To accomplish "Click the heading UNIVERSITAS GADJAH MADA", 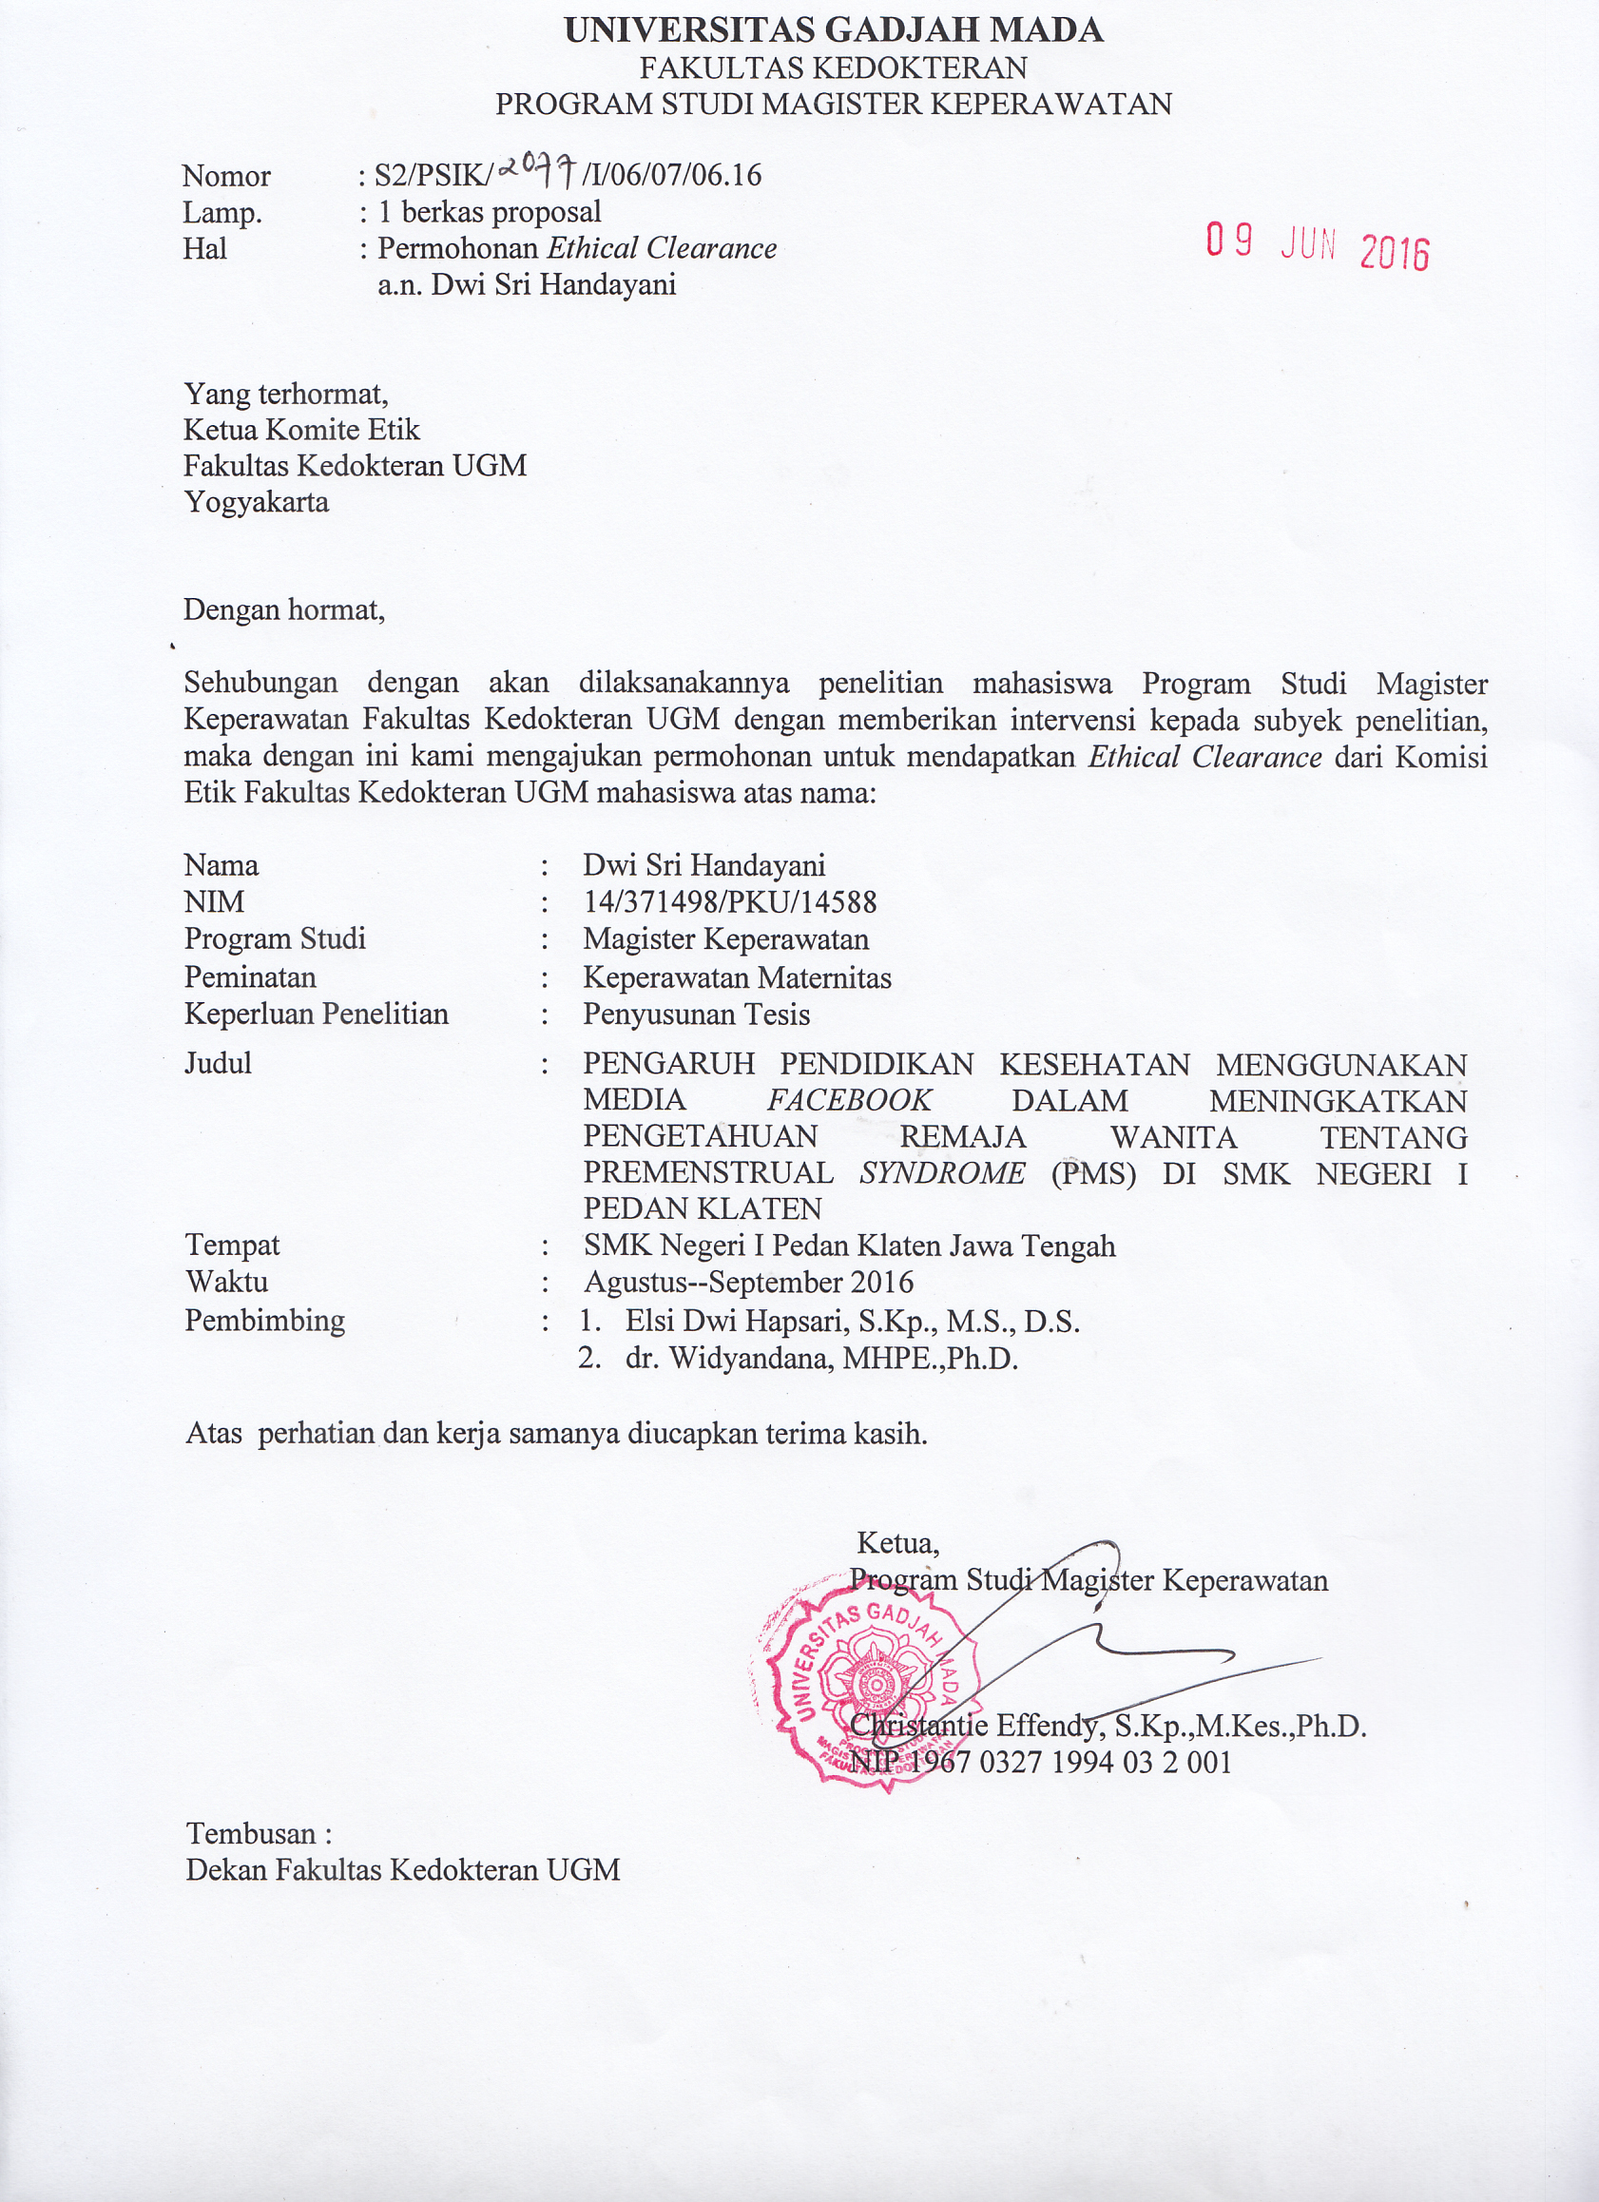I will (x=833, y=30).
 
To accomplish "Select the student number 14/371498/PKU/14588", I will (x=729, y=902).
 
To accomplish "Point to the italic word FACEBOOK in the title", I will (x=850, y=1100).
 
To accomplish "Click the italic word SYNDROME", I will (x=942, y=1173).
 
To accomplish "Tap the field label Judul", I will (x=219, y=1063).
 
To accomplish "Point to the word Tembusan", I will (x=252, y=1834).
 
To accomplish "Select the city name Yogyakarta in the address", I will (x=257, y=502).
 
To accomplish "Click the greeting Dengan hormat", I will (x=283, y=609).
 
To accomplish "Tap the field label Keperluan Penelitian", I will (x=317, y=1014).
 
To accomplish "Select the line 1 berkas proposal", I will (x=490, y=212).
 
